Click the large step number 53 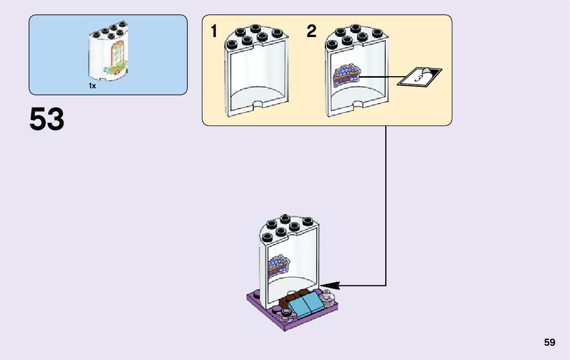pyautogui.click(x=47, y=120)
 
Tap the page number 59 pyautogui.click(x=550, y=343)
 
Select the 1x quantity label pyautogui.click(x=92, y=86)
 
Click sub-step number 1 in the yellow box pyautogui.click(x=214, y=32)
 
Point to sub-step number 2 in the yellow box pyautogui.click(x=311, y=32)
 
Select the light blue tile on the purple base pyautogui.click(x=306, y=306)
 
